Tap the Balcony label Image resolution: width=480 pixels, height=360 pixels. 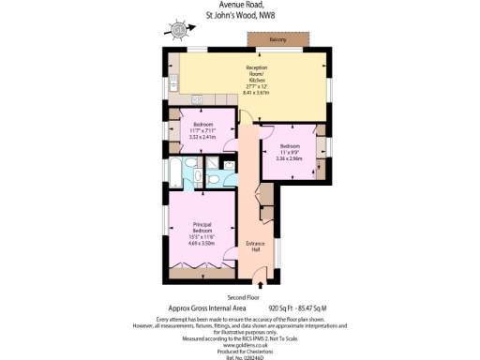tap(278, 40)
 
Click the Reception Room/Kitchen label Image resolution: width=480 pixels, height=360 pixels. tap(257, 73)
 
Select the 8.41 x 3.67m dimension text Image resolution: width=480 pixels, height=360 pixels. tap(257, 93)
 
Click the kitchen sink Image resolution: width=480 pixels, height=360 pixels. tap(199, 98)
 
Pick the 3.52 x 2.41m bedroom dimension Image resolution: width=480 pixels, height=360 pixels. tap(203, 137)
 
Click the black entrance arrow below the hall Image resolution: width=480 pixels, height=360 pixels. tap(260, 280)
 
